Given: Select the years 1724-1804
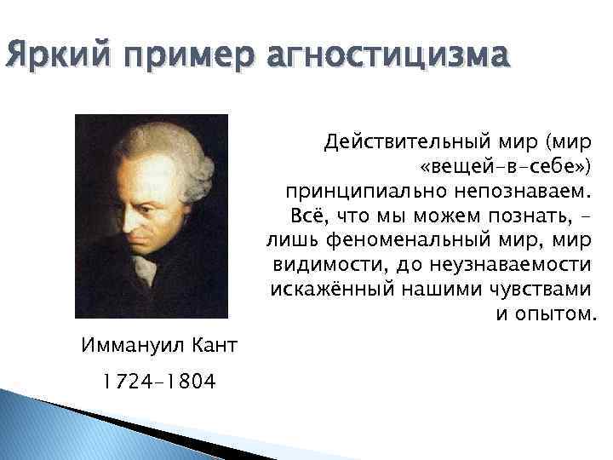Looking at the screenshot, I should click(158, 381).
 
